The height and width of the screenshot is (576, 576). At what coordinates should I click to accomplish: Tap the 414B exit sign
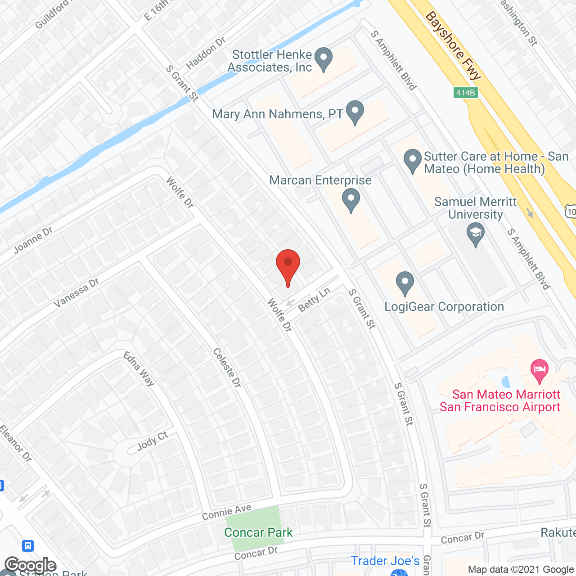(x=465, y=93)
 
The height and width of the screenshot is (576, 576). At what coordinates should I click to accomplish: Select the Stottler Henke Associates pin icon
(x=323, y=58)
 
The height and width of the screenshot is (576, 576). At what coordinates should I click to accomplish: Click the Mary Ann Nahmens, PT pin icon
(x=355, y=112)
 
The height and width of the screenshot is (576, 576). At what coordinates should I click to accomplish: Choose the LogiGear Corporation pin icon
(x=405, y=283)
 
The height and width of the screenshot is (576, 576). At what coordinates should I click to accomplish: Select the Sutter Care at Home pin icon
(x=412, y=161)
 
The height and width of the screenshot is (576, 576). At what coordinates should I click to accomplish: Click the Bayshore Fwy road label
(x=453, y=45)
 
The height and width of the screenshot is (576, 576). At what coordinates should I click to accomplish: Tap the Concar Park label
(x=258, y=532)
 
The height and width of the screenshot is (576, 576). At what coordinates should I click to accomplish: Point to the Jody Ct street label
(x=153, y=441)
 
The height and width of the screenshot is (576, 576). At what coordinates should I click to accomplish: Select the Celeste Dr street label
(x=227, y=367)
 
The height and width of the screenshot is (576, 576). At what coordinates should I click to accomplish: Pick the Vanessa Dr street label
(x=76, y=293)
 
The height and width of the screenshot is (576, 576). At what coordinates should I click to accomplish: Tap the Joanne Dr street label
(x=33, y=240)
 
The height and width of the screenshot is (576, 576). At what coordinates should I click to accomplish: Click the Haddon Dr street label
(x=206, y=53)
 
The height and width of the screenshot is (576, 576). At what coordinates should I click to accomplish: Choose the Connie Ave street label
(x=226, y=512)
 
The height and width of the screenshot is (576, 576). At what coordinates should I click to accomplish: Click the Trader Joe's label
(x=385, y=561)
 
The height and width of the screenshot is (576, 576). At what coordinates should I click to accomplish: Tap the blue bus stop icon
(x=28, y=546)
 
